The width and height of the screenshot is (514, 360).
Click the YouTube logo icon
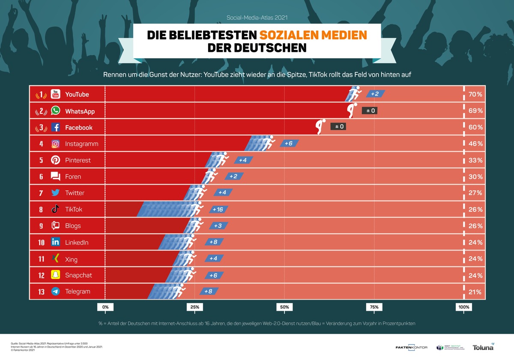pos(56,94)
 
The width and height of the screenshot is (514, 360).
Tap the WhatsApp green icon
pos(56,111)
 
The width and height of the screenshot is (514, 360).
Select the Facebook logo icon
pos(56,127)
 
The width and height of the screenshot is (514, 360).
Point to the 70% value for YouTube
pos(475,94)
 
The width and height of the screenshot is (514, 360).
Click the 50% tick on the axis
pos(284,307)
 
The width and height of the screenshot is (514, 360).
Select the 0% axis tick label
pos(105,307)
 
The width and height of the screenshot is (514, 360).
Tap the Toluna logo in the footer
pos(483,347)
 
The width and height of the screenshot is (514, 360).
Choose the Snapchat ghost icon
pos(56,275)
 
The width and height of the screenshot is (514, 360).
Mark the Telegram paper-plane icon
pos(56,291)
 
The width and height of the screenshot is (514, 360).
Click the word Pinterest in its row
pos(78,160)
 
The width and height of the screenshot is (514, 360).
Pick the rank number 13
pos(41,292)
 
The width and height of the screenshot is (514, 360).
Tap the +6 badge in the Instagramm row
pos(289,144)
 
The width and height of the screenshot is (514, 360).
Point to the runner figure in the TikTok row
pos(197,209)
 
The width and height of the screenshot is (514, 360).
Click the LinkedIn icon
pos(56,242)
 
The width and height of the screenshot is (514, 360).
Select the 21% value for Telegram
pos(475,292)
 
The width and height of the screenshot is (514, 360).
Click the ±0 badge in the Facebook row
pos(338,127)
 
